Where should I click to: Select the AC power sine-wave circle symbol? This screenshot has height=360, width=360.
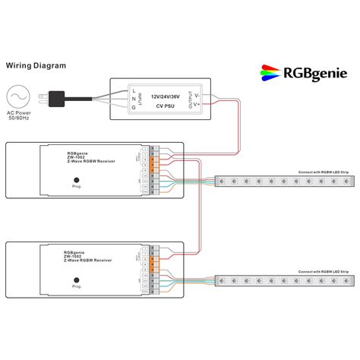[x=17, y=99]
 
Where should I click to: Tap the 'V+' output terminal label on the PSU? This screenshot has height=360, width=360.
[x=197, y=106]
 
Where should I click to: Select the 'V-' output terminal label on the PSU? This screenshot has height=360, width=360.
[x=197, y=96]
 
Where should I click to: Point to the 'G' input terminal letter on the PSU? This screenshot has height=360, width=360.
[x=134, y=109]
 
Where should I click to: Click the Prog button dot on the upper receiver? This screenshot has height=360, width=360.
[x=76, y=178]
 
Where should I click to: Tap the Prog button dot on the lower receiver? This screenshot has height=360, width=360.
[x=76, y=279]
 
